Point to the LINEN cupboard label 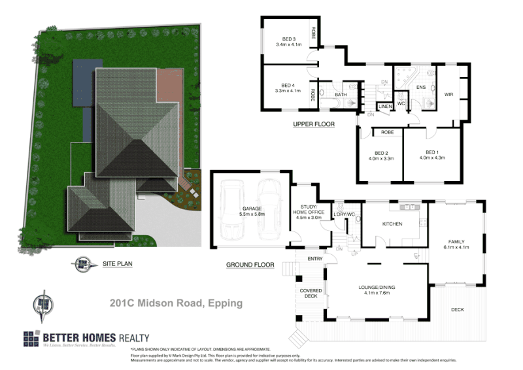point(384,106)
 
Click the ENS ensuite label point(421,86)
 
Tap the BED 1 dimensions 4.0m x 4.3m point(431,158)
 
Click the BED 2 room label point(379,152)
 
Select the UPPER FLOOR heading point(314,124)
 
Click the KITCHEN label point(392,224)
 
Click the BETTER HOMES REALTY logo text point(96,338)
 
